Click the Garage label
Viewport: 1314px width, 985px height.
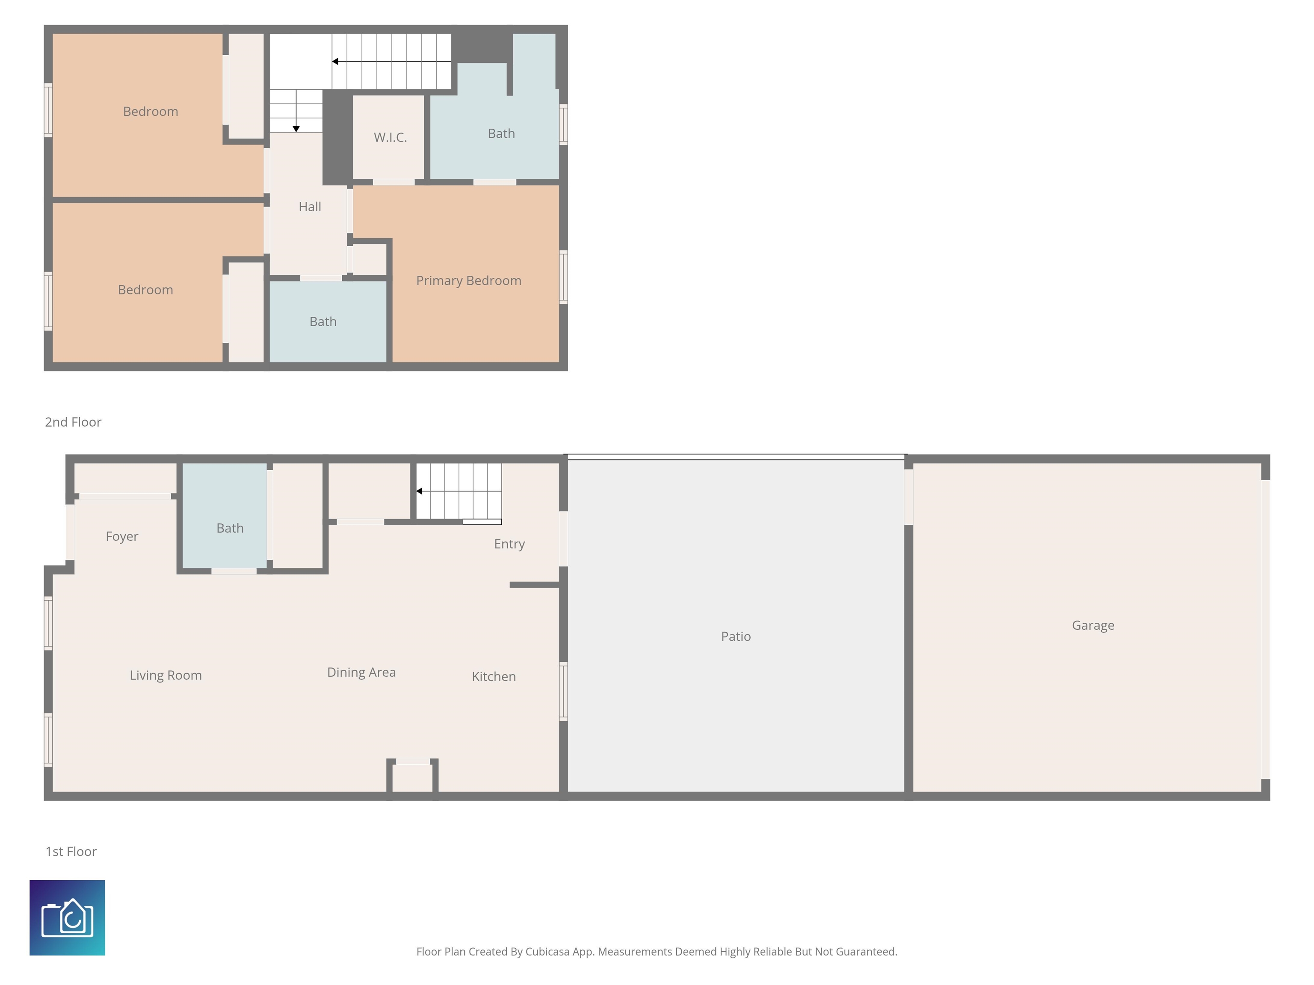pos(1092,625)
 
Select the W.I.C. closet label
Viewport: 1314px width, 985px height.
pos(390,137)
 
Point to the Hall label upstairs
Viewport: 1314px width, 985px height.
pos(310,206)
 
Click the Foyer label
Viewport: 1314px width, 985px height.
pos(122,536)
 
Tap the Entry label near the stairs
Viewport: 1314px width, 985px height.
pos(509,544)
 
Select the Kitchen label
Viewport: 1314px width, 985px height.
pos(493,676)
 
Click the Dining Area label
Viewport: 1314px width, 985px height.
pos(361,672)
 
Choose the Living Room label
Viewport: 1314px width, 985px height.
pos(166,675)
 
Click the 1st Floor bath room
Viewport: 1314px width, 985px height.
pos(230,528)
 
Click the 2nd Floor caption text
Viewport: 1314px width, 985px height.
pos(73,422)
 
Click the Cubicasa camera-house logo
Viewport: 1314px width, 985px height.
pos(67,917)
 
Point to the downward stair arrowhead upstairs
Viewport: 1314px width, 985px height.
pos(296,129)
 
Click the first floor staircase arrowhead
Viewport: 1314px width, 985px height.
pos(419,491)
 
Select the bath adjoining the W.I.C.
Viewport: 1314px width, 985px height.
pos(501,133)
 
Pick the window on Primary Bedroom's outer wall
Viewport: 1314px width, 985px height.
pos(563,277)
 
